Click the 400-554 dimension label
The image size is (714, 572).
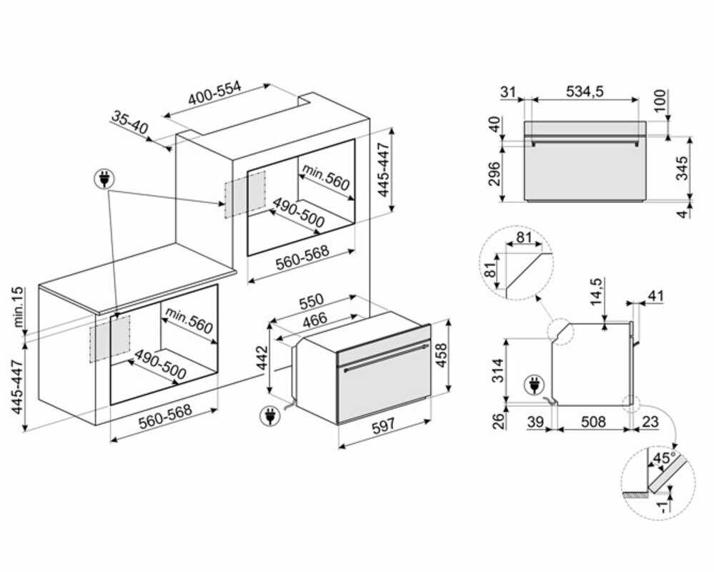click(x=215, y=94)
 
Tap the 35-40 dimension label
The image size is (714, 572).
click(x=130, y=122)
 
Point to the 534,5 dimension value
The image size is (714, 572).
click(x=585, y=92)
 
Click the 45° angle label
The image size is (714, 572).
click(x=665, y=458)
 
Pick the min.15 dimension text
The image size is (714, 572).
click(x=18, y=307)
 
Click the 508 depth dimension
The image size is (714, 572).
click(x=593, y=422)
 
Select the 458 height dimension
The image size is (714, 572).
click(x=441, y=355)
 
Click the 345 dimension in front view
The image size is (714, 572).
click(x=682, y=168)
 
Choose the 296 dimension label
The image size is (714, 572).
click(x=494, y=174)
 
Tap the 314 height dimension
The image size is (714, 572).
click(x=499, y=370)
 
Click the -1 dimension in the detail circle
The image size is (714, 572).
click(x=665, y=506)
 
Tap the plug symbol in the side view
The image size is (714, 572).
click(x=533, y=385)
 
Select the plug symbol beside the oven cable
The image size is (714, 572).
click(x=269, y=417)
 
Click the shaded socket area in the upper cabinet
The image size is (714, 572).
click(x=244, y=194)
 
